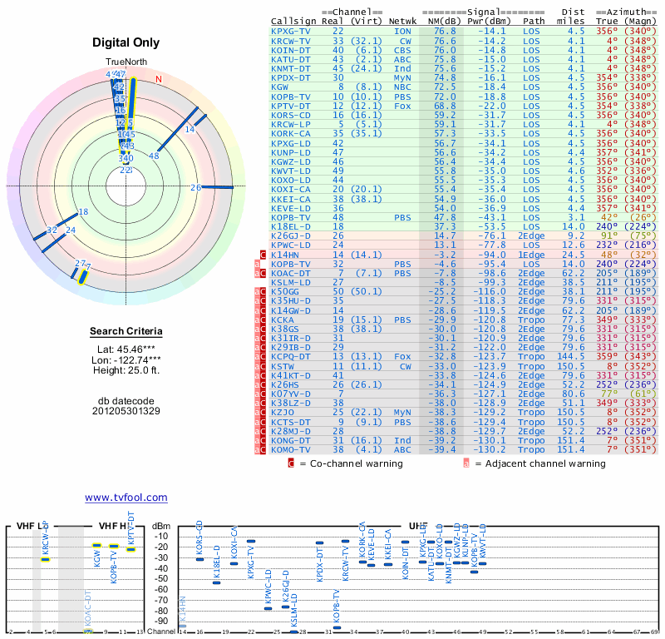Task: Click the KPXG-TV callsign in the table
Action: coord(291,31)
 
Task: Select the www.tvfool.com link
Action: coord(126,498)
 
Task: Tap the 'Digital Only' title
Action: coord(126,42)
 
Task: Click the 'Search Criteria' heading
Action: coord(126,332)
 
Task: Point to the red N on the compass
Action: coord(159,79)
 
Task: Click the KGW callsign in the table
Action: coord(280,87)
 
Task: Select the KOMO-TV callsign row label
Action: coord(291,449)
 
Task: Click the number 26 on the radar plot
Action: coord(195,188)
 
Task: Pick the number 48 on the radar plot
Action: coord(154,156)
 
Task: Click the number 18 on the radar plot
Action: coord(82,212)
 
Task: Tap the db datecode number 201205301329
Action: coord(126,411)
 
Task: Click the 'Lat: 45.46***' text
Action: coord(126,349)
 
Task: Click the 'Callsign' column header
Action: coord(293,20)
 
